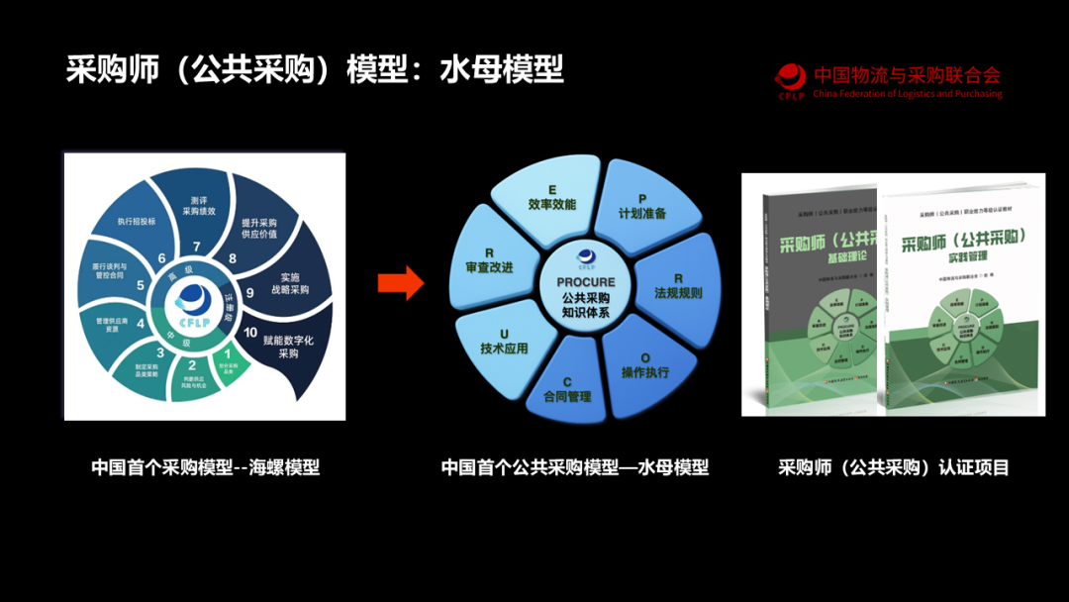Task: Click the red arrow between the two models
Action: tap(400, 284)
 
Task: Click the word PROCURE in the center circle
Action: tap(585, 282)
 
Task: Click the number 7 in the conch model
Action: tap(197, 246)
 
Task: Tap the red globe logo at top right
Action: tap(791, 78)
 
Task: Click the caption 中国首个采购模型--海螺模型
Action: tap(206, 467)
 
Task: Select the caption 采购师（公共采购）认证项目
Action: tap(893, 467)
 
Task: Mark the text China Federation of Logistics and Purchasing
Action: tap(907, 94)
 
